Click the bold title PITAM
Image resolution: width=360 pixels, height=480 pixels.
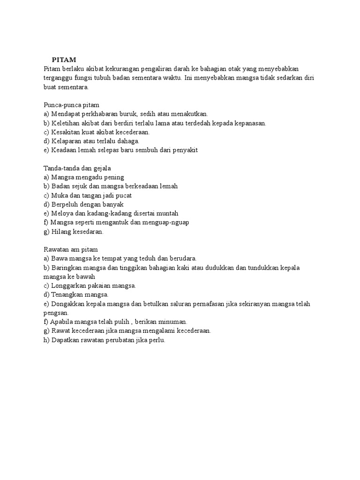coord(63,60)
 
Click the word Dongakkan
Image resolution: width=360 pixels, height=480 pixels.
coord(70,304)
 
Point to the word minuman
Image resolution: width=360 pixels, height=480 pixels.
coord(173,322)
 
